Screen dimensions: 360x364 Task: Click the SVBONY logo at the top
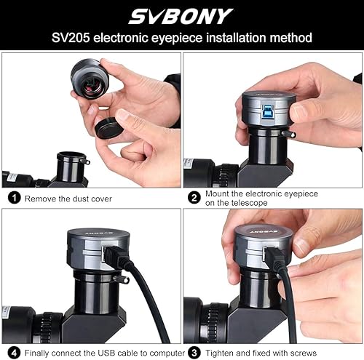(181, 15)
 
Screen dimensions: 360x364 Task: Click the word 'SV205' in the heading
(71, 37)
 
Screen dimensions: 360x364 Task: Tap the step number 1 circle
(13, 197)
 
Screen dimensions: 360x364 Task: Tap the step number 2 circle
(194, 197)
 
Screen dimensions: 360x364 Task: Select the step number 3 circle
(194, 353)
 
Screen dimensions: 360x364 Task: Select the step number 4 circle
(13, 353)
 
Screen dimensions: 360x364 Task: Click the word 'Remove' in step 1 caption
(40, 197)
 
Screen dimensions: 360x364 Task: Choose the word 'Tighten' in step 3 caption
(222, 353)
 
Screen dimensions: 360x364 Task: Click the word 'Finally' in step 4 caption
(38, 353)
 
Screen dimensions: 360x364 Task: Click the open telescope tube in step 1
(72, 156)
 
